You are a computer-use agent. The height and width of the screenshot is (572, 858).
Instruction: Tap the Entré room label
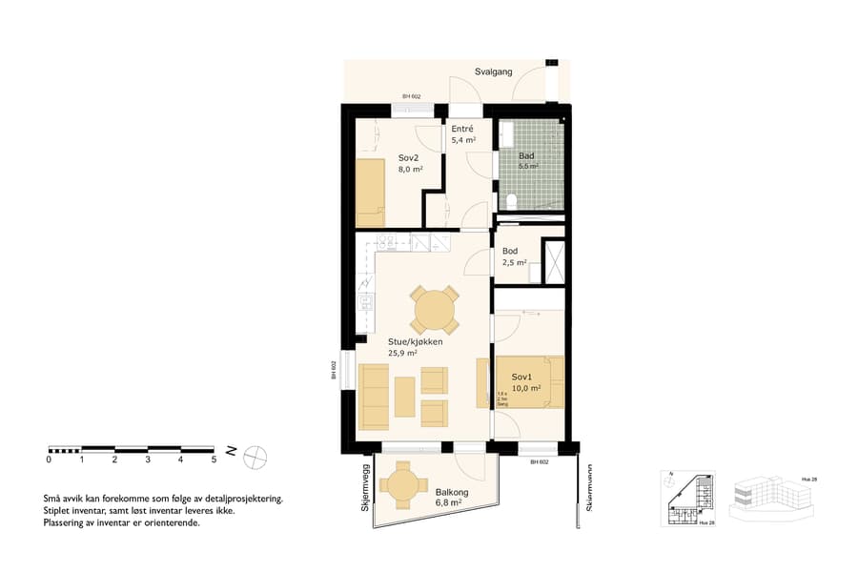point(462,129)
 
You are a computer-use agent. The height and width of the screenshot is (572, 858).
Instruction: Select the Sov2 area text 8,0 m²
point(410,171)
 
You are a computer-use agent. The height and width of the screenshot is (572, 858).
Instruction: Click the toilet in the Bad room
point(512,200)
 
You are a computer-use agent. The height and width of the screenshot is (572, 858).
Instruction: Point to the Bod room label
point(510,252)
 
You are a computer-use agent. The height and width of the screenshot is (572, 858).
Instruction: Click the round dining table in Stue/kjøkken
point(435,311)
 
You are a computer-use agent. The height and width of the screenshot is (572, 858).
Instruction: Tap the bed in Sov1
point(530,381)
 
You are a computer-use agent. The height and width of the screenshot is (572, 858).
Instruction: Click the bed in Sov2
point(370,188)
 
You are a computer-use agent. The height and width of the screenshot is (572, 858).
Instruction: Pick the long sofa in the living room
point(374,396)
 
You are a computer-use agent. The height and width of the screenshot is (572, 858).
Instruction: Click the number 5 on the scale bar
point(214,460)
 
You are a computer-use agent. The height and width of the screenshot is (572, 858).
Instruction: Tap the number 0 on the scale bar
point(49,460)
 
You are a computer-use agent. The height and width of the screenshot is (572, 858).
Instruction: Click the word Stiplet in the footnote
point(59,511)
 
